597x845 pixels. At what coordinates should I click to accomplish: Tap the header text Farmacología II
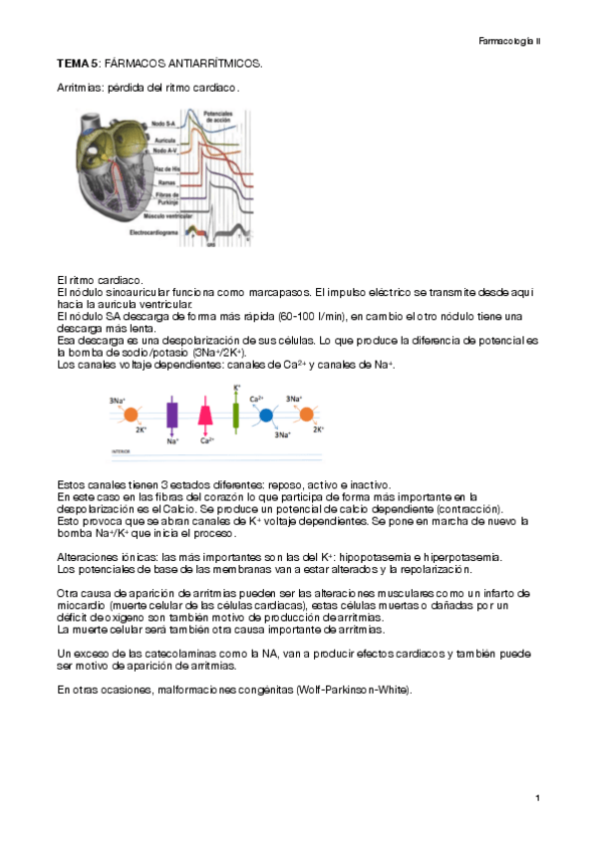pyautogui.click(x=508, y=41)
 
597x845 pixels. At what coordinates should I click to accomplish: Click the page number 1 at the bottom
pyautogui.click(x=537, y=798)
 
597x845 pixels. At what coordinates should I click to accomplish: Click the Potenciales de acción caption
pyautogui.click(x=217, y=118)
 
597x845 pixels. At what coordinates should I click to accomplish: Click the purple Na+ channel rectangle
pyautogui.click(x=171, y=413)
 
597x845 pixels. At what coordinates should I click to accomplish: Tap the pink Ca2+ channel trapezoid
pyautogui.click(x=206, y=413)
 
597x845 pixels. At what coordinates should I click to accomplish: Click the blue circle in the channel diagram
pyautogui.click(x=266, y=413)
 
